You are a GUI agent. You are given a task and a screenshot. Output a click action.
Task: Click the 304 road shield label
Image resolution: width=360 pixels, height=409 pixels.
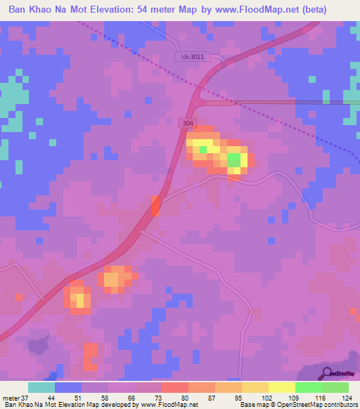pos(187,123)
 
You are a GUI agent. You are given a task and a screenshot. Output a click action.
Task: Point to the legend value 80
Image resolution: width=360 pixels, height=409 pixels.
pos(176,397)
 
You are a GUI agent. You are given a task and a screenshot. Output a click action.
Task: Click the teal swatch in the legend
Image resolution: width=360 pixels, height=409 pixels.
pos(41,387)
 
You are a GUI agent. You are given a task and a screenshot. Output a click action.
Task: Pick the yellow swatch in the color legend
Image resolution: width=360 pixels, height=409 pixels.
pos(282,387)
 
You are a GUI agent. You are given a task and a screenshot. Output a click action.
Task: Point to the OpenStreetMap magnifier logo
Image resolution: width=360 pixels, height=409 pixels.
pos(326,375)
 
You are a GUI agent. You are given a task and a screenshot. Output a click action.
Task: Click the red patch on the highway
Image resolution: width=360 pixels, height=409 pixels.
pos(155,206)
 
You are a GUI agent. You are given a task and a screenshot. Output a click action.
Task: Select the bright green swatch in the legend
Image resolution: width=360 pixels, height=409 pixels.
pos(309,387)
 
